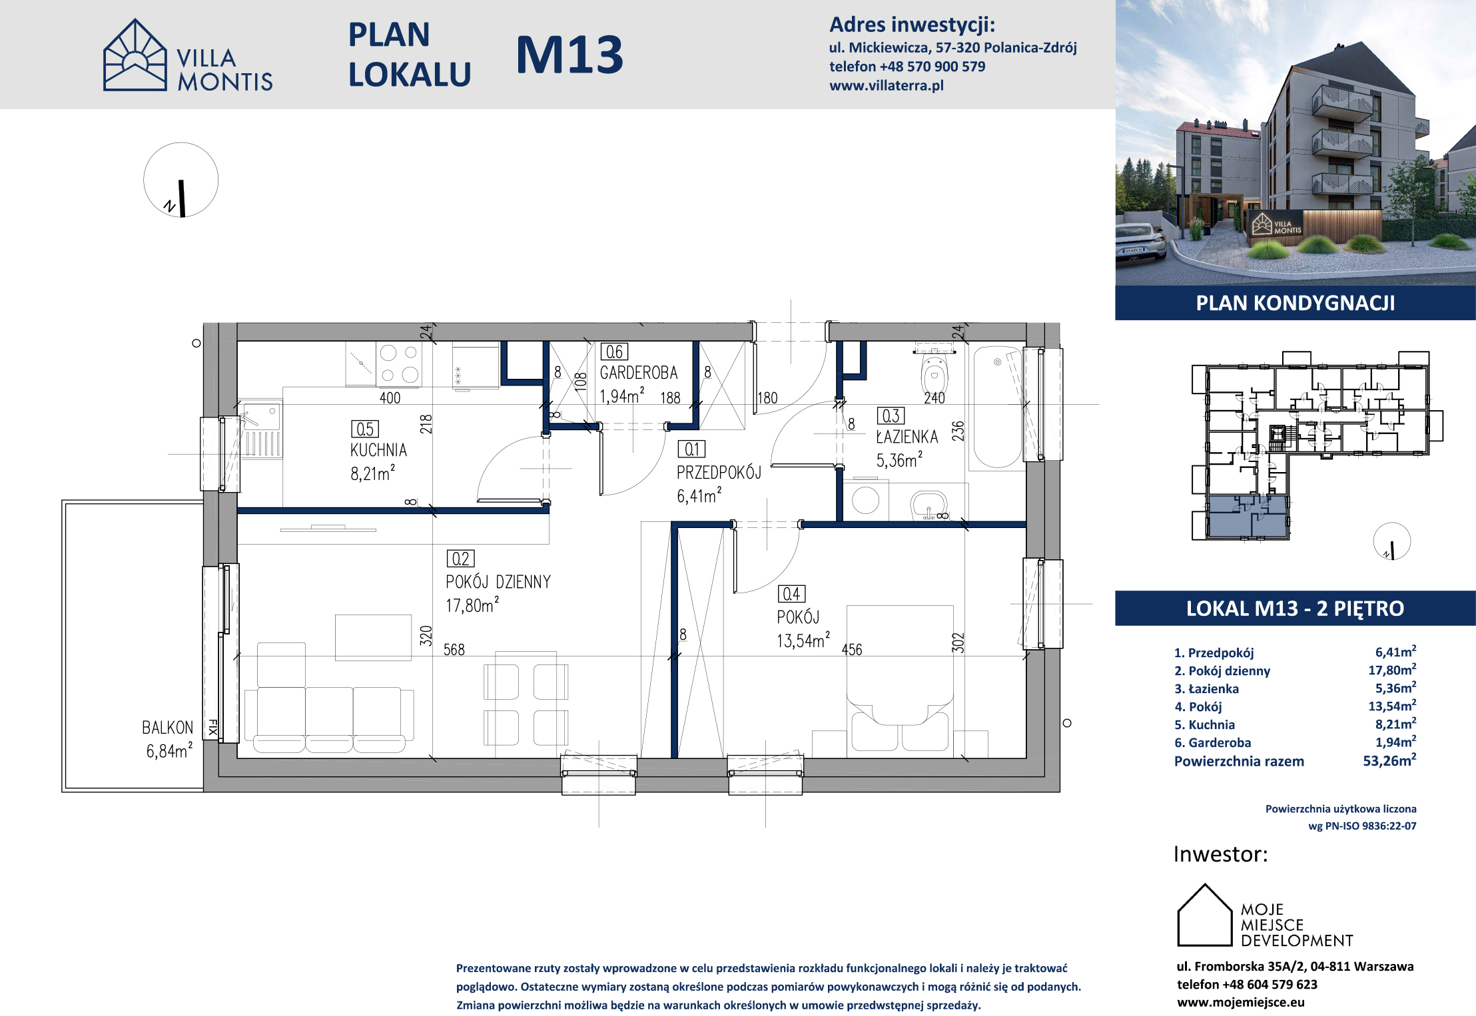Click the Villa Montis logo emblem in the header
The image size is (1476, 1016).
click(135, 55)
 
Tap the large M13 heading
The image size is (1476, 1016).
click(569, 55)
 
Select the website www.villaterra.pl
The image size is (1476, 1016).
click(887, 85)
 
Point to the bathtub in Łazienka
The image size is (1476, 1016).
click(997, 407)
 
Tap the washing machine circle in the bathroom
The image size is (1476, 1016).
click(865, 500)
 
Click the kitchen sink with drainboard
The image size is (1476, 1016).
click(260, 429)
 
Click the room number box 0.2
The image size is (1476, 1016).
click(460, 559)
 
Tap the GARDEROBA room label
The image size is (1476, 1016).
click(638, 373)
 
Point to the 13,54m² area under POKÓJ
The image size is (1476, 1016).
click(803, 640)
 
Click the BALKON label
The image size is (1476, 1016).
click(167, 728)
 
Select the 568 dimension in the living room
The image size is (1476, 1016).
click(454, 649)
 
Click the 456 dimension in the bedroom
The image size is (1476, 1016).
click(852, 649)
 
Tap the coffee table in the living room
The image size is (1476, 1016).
click(373, 637)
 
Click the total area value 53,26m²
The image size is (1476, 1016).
click(1389, 760)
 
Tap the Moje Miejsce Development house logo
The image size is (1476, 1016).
click(1205, 915)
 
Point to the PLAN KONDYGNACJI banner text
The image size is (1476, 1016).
click(1295, 303)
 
